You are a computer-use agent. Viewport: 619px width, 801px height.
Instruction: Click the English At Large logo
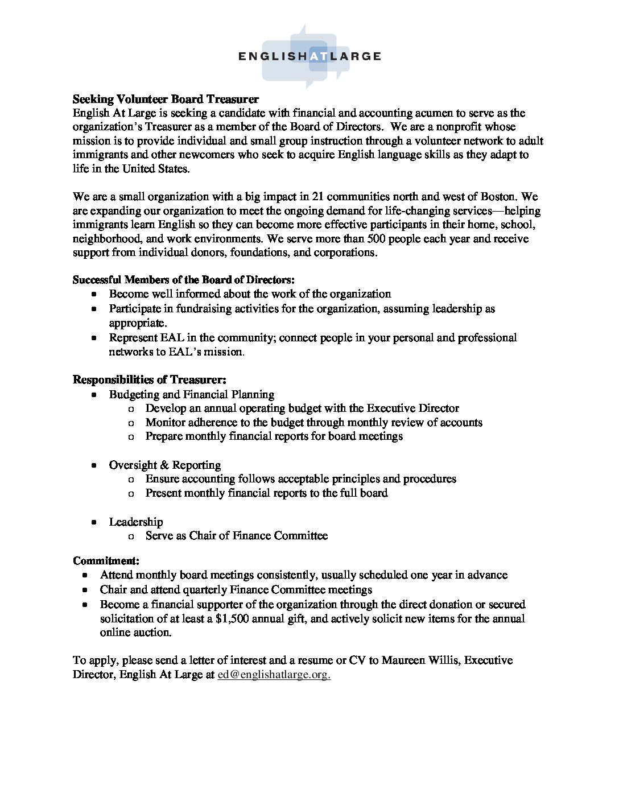pos(309,56)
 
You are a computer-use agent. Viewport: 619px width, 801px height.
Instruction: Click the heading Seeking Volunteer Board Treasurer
pos(166,100)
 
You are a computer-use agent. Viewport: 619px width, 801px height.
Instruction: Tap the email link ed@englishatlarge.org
pos(274,675)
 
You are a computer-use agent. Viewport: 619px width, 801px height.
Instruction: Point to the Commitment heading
pos(106,560)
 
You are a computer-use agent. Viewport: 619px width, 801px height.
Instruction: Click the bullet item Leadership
pos(136,522)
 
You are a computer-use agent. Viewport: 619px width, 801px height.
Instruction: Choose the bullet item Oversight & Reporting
pos(165,465)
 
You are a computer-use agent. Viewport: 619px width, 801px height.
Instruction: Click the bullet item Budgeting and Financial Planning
pos(192,394)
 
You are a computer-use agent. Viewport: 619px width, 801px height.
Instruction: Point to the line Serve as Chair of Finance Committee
pos(237,535)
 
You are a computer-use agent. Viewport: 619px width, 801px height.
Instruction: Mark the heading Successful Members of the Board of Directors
pos(184,280)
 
